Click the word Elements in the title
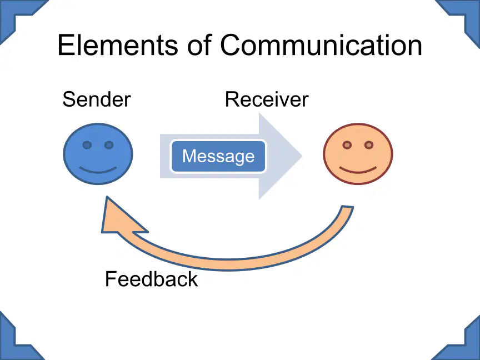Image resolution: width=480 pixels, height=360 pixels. [x=118, y=45]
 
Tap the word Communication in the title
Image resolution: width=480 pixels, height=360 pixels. [x=321, y=45]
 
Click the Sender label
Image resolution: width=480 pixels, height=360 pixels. [x=97, y=99]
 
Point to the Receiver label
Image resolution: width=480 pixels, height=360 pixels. [x=267, y=99]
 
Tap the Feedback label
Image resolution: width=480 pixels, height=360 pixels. [x=151, y=279]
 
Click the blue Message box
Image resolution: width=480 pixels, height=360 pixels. [x=218, y=156]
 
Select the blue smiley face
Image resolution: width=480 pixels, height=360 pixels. [x=98, y=154]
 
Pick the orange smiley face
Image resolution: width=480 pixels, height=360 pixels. [x=358, y=154]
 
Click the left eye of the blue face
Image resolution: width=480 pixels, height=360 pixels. [x=87, y=145]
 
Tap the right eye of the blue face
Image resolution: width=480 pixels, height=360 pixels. [x=109, y=145]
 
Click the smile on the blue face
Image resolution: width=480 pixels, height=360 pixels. [x=98, y=170]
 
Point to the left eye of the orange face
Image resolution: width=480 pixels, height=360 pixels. [x=347, y=145]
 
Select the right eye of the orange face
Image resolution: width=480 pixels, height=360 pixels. [x=369, y=145]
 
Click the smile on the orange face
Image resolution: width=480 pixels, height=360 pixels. [x=358, y=170]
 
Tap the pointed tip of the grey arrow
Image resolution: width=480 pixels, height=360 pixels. [x=302, y=156]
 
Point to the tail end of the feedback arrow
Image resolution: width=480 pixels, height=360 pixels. [x=347, y=207]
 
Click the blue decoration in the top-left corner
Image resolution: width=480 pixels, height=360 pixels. [x=18, y=16]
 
